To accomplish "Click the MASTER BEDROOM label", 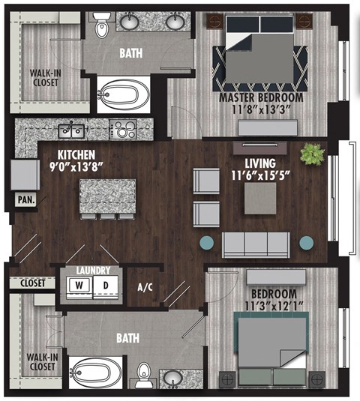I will click(261, 97).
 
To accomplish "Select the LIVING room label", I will click(259, 162).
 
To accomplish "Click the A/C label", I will click(145, 286).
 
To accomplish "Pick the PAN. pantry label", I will click(24, 201).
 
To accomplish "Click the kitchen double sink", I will click(72, 131).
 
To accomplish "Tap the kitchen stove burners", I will click(121, 129).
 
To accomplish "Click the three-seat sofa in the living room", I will click(256, 243).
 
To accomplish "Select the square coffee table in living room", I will click(259, 196).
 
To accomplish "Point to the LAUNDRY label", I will click(94, 271).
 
